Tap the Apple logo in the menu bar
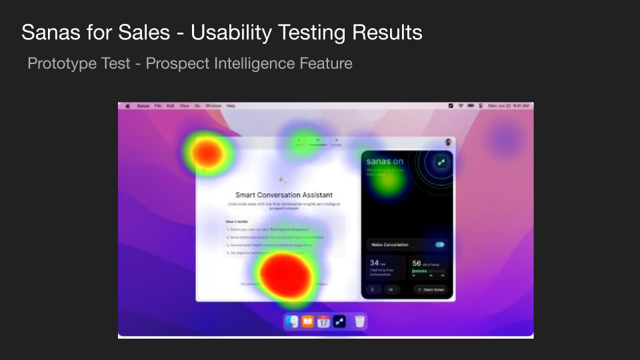[127, 106]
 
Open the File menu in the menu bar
[158, 106]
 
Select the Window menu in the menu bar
[213, 106]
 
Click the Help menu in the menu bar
[231, 106]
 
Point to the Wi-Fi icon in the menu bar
[461, 106]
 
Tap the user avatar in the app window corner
[448, 142]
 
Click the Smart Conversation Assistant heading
[284, 195]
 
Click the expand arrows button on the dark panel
[441, 162]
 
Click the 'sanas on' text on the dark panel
[385, 162]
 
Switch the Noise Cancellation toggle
[439, 245]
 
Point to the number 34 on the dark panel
[374, 263]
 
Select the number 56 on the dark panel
[416, 263]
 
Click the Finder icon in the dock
[292, 322]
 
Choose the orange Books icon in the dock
[307, 322]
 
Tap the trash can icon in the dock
[359, 322]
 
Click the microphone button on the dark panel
[373, 289]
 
